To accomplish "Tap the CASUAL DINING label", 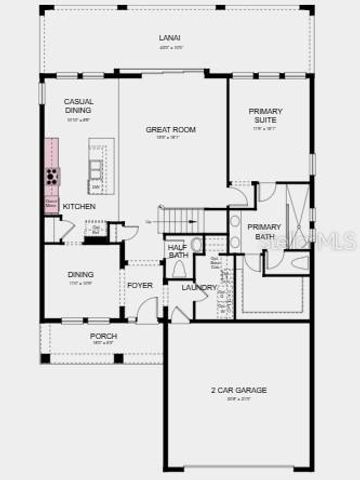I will pos(79,107).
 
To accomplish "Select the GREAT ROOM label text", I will pos(170,130).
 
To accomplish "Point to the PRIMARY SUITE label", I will pos(266,115).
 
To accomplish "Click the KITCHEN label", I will pos(79,207).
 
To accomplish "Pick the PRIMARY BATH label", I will pos(264,232).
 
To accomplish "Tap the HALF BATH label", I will pos(178,251).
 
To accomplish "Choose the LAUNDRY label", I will pos(199,288).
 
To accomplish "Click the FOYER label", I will pos(139,285).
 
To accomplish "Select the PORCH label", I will pos(103,336).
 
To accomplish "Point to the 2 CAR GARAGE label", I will pos(238,389).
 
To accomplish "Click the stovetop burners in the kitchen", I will pos(51,177).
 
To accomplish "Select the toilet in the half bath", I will pos(179,268).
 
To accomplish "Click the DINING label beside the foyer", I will pos(81,274).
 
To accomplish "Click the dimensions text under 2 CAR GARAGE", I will pos(238,398).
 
